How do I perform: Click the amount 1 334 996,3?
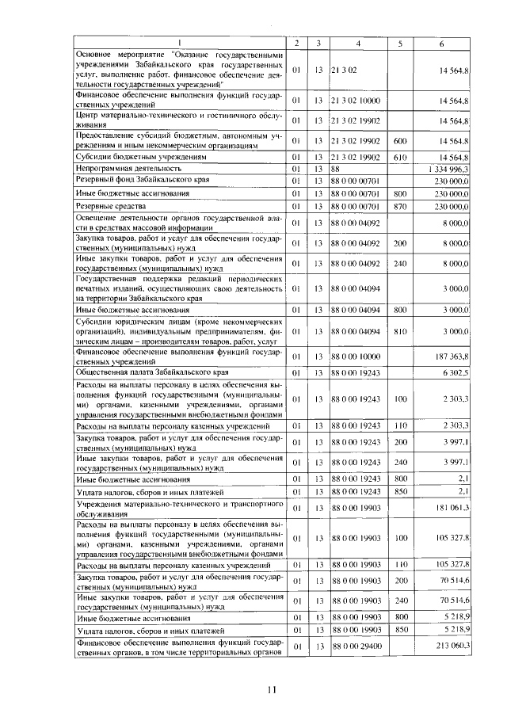451,169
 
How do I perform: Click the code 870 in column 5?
400,206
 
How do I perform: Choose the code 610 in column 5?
400,157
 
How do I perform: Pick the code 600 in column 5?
400,140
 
